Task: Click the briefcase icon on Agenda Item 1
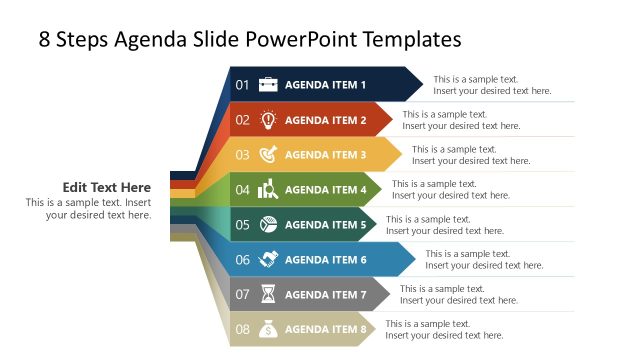(x=268, y=85)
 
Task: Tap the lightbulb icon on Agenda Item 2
(x=268, y=120)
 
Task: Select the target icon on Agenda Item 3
(x=268, y=155)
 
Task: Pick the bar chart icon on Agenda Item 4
(x=268, y=190)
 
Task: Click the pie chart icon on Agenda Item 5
(x=268, y=225)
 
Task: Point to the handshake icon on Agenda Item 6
(x=268, y=260)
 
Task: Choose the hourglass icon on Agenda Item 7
(x=268, y=295)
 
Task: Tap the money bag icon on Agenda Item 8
(x=268, y=329)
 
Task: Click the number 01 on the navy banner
(x=242, y=85)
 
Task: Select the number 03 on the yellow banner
(x=242, y=155)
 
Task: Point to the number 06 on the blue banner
(x=242, y=260)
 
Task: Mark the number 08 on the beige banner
(x=242, y=329)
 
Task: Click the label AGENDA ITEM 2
(x=325, y=120)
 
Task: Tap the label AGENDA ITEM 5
(x=325, y=225)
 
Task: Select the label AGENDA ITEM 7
(x=325, y=295)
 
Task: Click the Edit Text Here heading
(x=107, y=187)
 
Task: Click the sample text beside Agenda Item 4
(x=450, y=190)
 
